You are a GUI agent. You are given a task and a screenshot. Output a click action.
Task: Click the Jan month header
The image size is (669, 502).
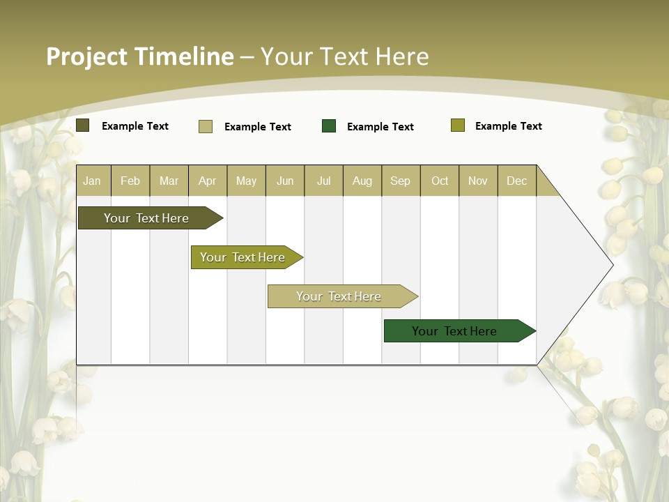click(93, 181)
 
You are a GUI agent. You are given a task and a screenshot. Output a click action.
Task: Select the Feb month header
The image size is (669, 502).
click(130, 181)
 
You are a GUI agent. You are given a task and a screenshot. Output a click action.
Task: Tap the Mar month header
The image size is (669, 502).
click(169, 181)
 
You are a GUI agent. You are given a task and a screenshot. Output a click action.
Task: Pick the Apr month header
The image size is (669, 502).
click(208, 181)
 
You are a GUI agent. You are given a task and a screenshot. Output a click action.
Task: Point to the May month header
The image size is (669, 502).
click(246, 181)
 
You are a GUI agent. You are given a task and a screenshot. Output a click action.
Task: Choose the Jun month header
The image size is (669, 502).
click(285, 181)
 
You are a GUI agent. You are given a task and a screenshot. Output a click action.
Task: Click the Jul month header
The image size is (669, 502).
click(323, 181)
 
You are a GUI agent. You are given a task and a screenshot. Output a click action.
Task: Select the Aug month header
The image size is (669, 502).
click(362, 181)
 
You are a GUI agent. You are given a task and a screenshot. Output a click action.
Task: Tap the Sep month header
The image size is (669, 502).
click(401, 181)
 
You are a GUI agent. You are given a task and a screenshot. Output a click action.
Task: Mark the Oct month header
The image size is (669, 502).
click(440, 181)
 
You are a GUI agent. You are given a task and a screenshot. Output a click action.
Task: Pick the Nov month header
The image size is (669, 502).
click(478, 181)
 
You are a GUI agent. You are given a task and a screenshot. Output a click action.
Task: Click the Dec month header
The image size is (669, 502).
click(517, 181)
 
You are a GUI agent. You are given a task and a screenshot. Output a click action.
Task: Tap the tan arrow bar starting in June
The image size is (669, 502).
click(339, 296)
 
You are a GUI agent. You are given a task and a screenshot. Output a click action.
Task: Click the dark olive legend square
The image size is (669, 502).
click(83, 125)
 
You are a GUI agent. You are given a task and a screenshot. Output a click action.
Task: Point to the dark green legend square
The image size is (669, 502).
click(329, 126)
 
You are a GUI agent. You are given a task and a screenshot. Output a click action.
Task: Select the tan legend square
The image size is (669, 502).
click(206, 126)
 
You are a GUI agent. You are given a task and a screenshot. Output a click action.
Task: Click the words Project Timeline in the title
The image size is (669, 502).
click(140, 56)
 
